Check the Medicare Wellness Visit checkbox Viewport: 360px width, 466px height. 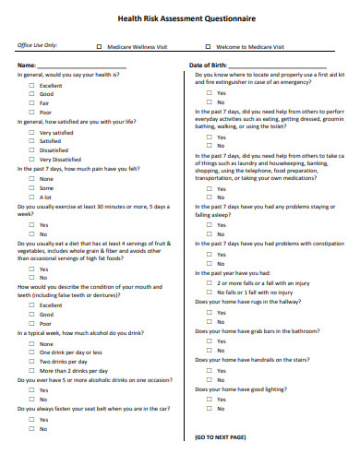(100, 45)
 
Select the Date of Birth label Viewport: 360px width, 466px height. (210, 66)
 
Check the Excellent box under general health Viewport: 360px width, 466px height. (31, 85)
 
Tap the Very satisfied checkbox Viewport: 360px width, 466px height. (31, 132)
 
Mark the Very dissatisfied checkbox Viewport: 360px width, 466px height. (31, 160)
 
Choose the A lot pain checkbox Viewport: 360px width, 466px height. (31, 197)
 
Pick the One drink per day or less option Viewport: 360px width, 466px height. (31, 352)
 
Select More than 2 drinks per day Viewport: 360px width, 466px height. (31, 371)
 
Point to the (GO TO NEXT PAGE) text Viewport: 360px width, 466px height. (220, 436)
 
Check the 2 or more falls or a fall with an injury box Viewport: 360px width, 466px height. (209, 282)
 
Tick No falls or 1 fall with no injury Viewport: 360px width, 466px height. (209, 292)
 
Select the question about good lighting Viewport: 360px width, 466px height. (238, 388)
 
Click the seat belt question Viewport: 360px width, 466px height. (93, 409)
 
